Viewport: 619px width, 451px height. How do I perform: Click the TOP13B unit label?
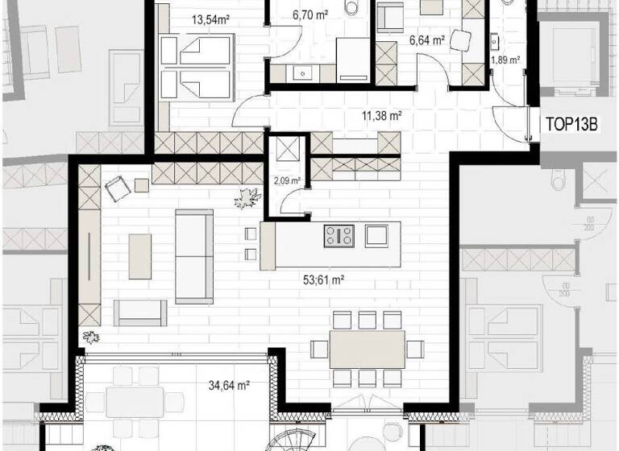(571, 126)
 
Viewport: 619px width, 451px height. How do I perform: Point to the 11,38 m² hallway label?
(382, 116)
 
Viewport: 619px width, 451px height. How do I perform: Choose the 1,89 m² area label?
(505, 60)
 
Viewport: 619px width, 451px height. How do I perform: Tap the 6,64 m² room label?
(427, 39)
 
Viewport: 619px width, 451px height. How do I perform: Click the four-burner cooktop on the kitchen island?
(339, 235)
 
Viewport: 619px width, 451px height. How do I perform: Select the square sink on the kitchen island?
(376, 235)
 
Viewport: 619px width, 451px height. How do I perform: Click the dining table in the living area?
(367, 349)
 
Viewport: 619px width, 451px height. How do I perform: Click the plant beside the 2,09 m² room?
(247, 196)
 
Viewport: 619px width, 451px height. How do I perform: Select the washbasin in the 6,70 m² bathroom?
(302, 72)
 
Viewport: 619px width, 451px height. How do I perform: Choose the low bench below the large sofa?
(140, 312)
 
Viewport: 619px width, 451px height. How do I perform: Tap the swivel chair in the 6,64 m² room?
(461, 40)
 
